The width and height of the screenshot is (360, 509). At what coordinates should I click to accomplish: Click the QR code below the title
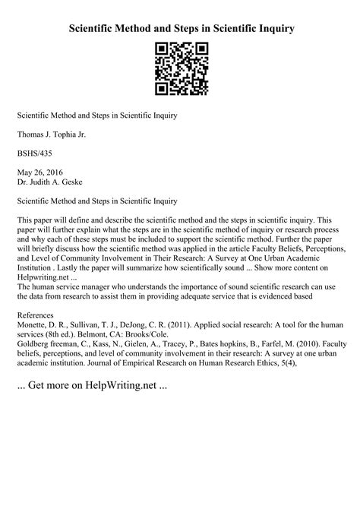coord(180,70)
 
